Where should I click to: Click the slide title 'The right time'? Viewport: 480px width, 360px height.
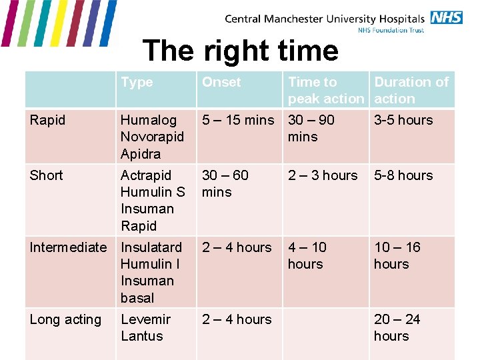point(241,51)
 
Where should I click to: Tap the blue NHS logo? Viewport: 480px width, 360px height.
point(446,17)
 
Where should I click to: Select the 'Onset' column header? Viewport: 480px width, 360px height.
point(221,82)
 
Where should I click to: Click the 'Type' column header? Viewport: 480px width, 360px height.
point(137,82)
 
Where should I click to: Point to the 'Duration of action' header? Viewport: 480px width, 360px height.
point(411,90)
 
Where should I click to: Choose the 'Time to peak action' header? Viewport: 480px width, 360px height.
point(326,90)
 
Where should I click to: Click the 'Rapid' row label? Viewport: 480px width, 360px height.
point(47,120)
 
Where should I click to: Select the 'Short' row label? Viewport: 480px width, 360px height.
point(46,175)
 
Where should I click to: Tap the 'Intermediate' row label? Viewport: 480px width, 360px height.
point(68,247)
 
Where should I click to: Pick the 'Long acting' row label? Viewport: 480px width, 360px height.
point(65,319)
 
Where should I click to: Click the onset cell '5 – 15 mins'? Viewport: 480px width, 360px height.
point(238,120)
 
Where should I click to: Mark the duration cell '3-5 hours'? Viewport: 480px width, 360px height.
point(403,120)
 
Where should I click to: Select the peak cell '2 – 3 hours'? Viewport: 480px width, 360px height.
point(323,175)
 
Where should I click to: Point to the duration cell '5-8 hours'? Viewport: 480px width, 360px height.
point(403,175)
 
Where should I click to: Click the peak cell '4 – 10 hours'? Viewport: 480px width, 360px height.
point(307,255)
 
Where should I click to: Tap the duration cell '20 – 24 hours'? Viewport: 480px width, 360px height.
point(397,327)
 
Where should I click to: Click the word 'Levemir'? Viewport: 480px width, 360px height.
point(145,319)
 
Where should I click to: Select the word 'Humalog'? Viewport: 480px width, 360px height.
point(149,120)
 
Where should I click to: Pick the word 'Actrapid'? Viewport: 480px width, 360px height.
point(146,175)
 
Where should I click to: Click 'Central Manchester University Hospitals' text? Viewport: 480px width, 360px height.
point(325,19)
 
